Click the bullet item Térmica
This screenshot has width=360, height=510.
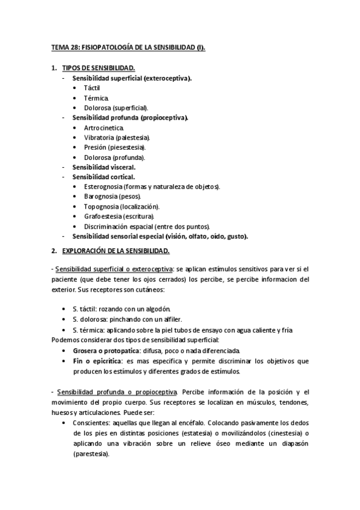click(x=96, y=97)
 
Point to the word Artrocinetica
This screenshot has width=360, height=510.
click(x=104, y=127)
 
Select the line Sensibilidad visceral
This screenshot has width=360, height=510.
click(x=103, y=167)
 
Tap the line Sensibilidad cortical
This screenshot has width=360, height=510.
click(x=103, y=177)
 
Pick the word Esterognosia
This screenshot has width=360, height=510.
click(x=105, y=186)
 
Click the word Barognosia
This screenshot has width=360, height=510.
click(x=103, y=196)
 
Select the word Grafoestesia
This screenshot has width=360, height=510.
click(x=104, y=216)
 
